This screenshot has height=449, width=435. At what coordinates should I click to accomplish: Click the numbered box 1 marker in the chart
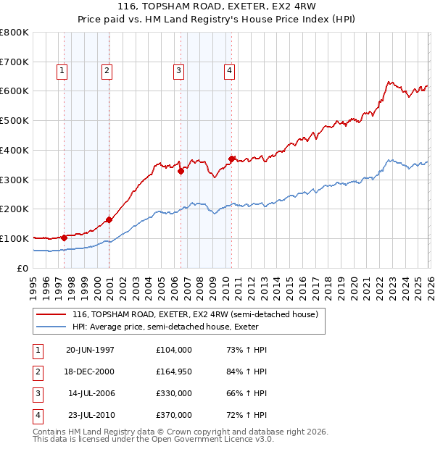(62, 70)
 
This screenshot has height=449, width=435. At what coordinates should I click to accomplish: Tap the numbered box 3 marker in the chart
(178, 70)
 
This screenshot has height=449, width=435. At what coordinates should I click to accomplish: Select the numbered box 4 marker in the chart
(228, 70)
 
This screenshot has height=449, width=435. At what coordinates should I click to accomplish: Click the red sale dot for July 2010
(231, 159)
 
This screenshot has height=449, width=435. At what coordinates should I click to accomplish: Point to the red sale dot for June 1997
(65, 237)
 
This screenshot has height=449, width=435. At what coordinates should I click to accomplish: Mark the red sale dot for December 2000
(109, 219)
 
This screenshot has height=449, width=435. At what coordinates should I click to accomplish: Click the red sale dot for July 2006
(181, 171)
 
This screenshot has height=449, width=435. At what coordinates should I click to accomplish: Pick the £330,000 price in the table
(174, 393)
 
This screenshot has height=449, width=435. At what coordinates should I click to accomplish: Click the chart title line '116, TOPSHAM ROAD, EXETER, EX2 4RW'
(217, 8)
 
